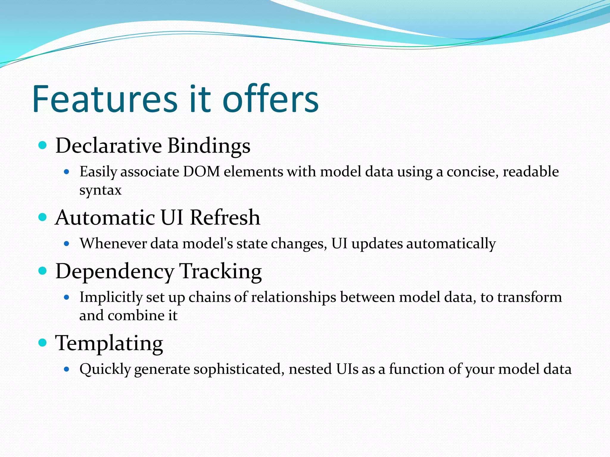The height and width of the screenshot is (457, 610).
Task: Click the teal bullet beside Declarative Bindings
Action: pos(43,145)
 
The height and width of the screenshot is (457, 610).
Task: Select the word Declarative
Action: pos(108,146)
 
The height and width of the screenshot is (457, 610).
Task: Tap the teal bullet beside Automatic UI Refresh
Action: pos(43,217)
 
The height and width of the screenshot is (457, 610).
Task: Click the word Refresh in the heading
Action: pos(225,217)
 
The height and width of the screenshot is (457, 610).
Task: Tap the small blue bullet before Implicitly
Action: pos(67,297)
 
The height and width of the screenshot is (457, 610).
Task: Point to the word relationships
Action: pos(294,297)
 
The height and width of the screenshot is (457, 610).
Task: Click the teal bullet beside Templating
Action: pos(43,343)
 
